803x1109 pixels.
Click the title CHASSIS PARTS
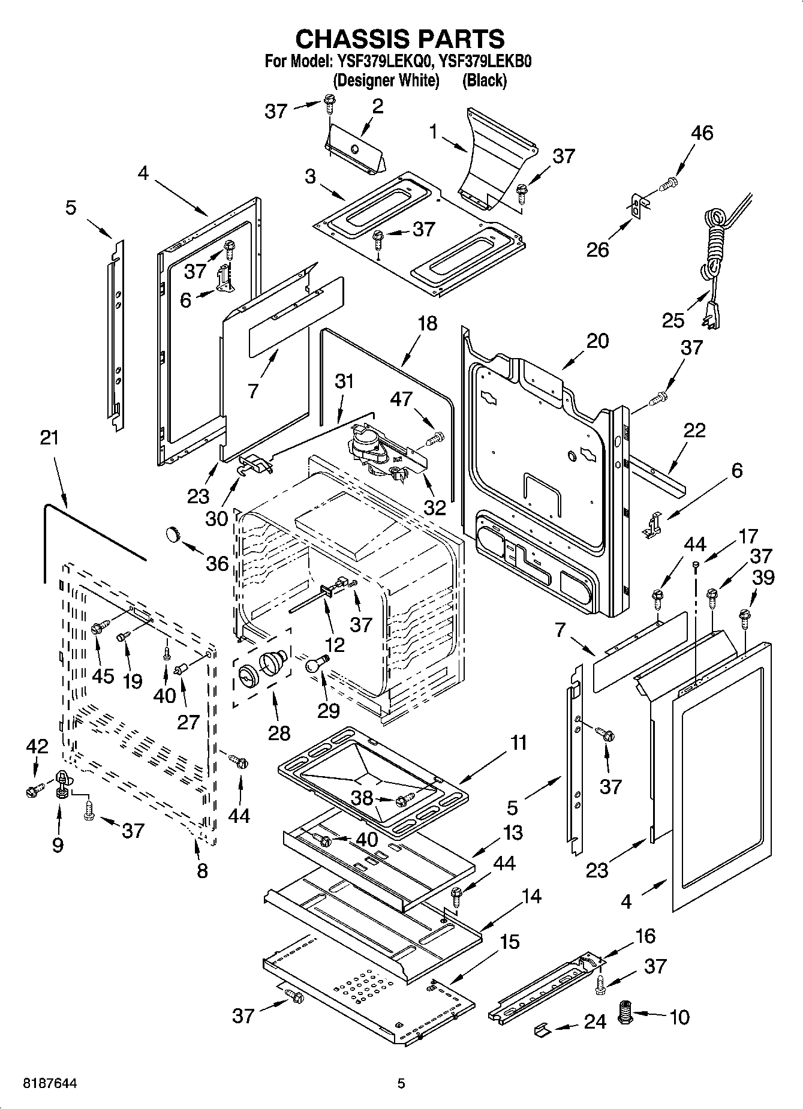pyautogui.click(x=400, y=38)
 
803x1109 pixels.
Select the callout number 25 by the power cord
pyautogui.click(x=673, y=320)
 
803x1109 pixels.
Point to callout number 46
pyautogui.click(x=702, y=133)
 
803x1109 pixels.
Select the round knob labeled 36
pyautogui.click(x=173, y=533)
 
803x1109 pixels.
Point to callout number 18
pyautogui.click(x=427, y=323)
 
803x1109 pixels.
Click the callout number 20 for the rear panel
pyautogui.click(x=597, y=341)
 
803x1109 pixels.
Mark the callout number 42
pyautogui.click(x=37, y=746)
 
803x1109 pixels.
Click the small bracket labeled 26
pyautogui.click(x=636, y=205)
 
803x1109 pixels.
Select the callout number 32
pyautogui.click(x=435, y=507)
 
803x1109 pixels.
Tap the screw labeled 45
pyautogui.click(x=100, y=627)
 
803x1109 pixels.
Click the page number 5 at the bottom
pyautogui.click(x=401, y=1083)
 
